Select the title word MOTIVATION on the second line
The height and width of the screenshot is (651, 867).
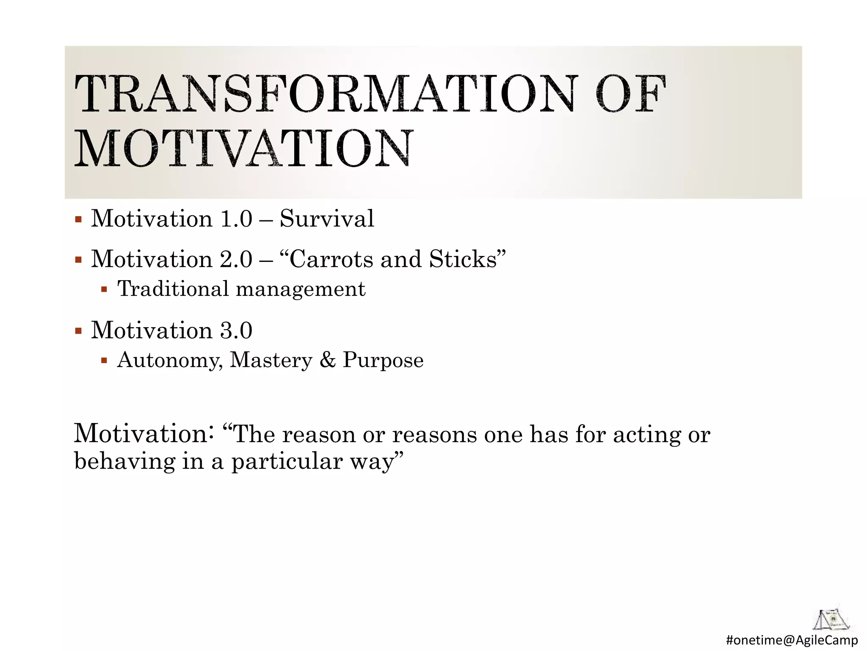coord(243,148)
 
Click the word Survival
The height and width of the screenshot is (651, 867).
coord(327,219)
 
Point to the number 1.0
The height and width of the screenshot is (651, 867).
coord(236,219)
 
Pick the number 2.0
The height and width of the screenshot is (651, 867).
coord(236,259)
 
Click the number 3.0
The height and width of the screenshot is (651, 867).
coord(236,331)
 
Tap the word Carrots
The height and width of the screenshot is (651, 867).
coord(331,259)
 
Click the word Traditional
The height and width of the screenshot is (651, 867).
coord(173,289)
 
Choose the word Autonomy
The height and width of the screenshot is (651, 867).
coord(169,361)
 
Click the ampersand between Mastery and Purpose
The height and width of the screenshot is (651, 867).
coord(327,360)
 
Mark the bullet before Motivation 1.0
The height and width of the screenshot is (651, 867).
coord(78,220)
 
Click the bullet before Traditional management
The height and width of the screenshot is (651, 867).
coord(104,290)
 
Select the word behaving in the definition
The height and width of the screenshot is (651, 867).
coord(124,461)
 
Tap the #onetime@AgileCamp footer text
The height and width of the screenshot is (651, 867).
coord(792,640)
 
